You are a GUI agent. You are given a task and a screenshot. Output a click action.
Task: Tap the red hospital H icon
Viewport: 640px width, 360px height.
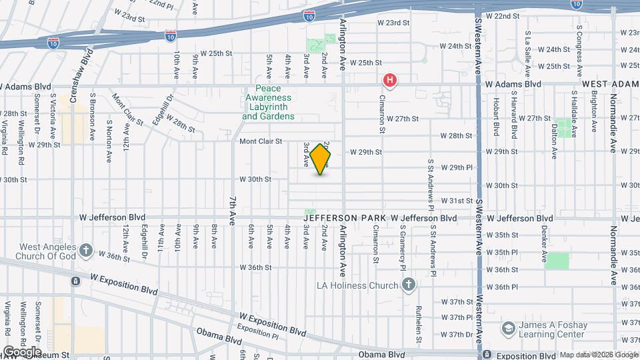click(390, 81)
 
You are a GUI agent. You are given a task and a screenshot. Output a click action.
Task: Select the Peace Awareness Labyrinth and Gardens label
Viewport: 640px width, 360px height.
click(268, 103)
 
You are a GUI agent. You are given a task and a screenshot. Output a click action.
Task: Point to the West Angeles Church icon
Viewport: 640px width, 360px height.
click(85, 250)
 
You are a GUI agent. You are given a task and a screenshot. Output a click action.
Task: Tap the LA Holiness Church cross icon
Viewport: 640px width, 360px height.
click(409, 285)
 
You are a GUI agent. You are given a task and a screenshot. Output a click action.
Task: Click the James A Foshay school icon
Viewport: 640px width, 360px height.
click(509, 328)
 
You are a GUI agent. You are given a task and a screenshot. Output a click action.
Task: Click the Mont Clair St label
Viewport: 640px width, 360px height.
click(261, 141)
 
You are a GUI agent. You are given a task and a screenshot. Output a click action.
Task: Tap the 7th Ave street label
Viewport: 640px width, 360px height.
click(233, 211)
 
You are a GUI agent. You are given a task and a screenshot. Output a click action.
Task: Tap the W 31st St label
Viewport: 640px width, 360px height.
click(457, 201)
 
